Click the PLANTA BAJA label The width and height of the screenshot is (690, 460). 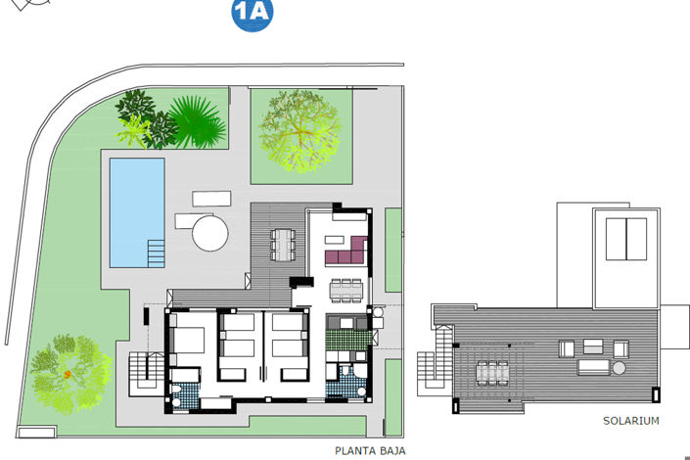click(x=369, y=451)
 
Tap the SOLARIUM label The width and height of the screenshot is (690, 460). click(x=631, y=421)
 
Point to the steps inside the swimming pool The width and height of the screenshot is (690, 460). click(x=156, y=253)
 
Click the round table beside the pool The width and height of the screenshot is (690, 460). click(x=209, y=233)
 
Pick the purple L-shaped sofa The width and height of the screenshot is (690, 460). click(x=345, y=252)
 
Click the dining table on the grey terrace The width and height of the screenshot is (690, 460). click(x=282, y=244)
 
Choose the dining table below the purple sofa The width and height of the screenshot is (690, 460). click(x=345, y=288)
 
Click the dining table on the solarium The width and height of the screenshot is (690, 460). click(x=491, y=372)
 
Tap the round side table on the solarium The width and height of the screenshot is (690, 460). click(x=619, y=368)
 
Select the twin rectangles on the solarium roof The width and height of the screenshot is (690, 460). click(x=625, y=240)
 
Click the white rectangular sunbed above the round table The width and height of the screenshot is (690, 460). click(x=210, y=199)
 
